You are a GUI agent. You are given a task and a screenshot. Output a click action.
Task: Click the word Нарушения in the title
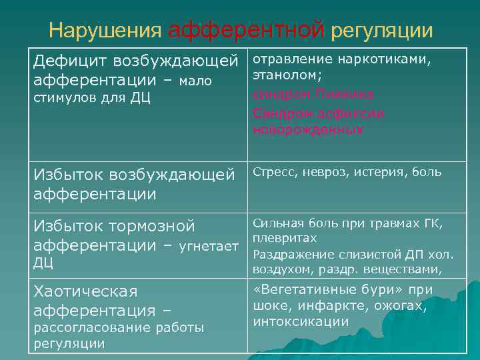click(x=105, y=31)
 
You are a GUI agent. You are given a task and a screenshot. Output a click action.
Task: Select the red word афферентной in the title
click(x=246, y=31)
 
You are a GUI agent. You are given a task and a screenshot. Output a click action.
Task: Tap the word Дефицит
click(x=71, y=61)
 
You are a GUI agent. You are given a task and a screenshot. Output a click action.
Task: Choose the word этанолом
click(x=285, y=77)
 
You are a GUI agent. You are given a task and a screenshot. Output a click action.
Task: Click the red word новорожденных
click(x=308, y=131)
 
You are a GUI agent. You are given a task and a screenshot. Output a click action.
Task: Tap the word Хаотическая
click(x=85, y=292)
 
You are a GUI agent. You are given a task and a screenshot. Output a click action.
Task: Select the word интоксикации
click(x=301, y=322)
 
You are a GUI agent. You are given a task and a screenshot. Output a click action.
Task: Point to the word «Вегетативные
click(x=313, y=290)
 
